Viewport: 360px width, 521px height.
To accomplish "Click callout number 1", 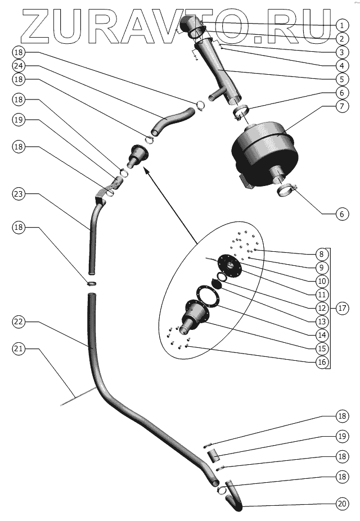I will tap(340, 25).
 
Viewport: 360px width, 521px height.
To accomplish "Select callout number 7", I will tap(340, 106).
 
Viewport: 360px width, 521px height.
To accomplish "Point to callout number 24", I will tap(18, 65).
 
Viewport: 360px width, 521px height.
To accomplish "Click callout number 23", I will tap(18, 194).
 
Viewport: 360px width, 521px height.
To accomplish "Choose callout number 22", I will tap(18, 321).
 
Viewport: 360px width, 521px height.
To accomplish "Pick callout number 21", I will tap(18, 349).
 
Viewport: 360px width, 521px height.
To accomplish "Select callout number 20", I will tap(341, 504).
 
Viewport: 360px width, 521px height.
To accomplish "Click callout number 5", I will tap(340, 79).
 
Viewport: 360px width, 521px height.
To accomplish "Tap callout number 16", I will tap(322, 362).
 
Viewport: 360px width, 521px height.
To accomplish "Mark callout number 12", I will tap(322, 308).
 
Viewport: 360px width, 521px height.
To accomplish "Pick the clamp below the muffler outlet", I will tap(287, 191).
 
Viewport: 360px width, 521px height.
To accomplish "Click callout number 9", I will tap(322, 268).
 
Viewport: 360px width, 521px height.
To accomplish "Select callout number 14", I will tap(322, 335).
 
